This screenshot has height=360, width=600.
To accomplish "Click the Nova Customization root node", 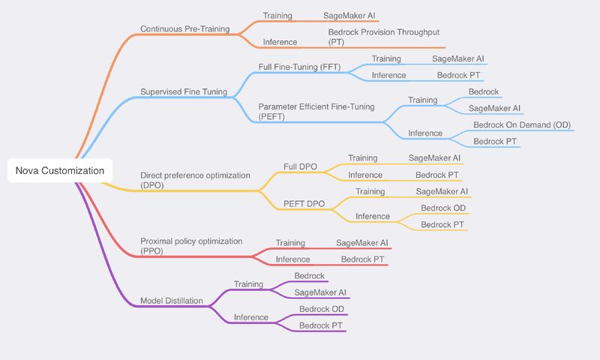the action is pos(60,171).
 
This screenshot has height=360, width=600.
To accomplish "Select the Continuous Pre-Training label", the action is pos(184,28).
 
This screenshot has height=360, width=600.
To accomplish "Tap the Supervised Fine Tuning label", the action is pos(184,91).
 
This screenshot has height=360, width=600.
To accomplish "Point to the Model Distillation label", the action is pos(172,301).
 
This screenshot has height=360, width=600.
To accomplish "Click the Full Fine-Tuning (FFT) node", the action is pos(299,67).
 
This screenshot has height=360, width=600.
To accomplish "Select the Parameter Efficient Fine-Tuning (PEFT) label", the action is pos(316,112).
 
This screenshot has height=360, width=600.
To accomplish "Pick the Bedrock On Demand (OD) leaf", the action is pos(522,125).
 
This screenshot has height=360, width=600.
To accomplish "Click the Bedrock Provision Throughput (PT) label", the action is pos(383,37).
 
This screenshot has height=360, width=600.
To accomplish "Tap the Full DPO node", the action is pos(300,166).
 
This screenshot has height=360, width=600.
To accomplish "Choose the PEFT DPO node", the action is pos(304,204).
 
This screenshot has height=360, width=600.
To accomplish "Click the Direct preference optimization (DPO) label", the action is pos(195,180).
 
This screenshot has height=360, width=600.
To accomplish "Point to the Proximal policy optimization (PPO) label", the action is pos(191,246).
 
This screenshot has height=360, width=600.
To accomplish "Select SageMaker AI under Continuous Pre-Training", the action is pos(349,16).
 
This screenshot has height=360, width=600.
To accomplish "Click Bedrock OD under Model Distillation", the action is pos(322,309).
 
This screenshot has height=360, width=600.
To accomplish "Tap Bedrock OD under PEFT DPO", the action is pos(443,208).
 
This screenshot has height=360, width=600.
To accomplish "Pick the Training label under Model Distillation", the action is pos(248,284).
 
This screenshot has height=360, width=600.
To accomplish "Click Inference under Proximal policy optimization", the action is pos(292,259).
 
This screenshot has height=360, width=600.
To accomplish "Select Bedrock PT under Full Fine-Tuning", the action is pos(458,75).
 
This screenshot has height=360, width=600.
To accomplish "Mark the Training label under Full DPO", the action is pos(362,158).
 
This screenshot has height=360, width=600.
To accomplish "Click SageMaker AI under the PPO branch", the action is pos(362,243).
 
